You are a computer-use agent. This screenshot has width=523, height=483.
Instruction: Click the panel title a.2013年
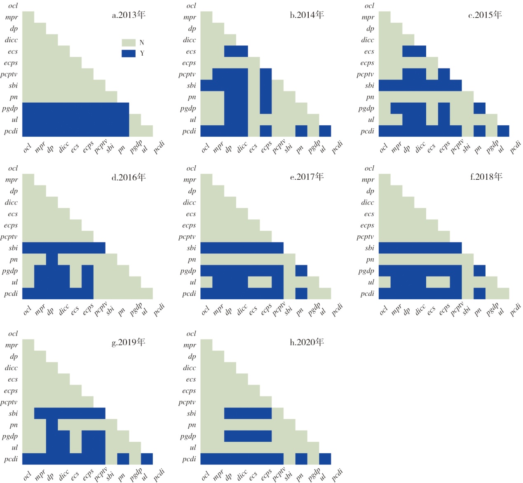(x=129, y=15)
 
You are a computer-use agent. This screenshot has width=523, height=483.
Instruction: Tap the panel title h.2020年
(x=307, y=342)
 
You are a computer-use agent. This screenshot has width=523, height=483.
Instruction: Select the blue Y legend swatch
(x=129, y=54)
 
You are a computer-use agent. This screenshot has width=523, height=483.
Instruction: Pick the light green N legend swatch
(x=129, y=42)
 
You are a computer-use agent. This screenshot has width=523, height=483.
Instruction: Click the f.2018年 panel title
(x=486, y=177)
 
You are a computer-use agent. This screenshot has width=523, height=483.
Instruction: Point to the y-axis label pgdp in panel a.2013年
(x=10, y=109)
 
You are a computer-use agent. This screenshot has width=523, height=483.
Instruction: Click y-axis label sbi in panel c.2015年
(x=370, y=86)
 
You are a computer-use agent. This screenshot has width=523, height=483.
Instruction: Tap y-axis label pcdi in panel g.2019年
(x=11, y=459)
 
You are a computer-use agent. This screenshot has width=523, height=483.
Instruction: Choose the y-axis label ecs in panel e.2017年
(x=191, y=214)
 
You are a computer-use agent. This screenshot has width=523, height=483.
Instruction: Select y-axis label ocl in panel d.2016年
(x=13, y=169)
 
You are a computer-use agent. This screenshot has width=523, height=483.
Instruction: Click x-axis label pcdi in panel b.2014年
(x=337, y=147)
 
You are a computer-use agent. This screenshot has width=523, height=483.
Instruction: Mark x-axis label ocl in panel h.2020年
(x=205, y=476)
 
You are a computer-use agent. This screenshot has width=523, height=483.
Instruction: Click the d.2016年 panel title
(x=129, y=178)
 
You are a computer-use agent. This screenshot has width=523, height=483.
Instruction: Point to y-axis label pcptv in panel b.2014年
(x=187, y=75)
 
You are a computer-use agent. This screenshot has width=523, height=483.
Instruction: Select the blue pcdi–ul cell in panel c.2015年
(x=503, y=131)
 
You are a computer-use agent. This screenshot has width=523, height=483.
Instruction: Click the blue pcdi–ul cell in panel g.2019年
(x=147, y=459)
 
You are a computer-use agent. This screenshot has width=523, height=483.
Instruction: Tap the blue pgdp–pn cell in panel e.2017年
(x=301, y=271)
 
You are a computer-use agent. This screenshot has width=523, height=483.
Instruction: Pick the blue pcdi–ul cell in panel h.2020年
(x=325, y=459)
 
